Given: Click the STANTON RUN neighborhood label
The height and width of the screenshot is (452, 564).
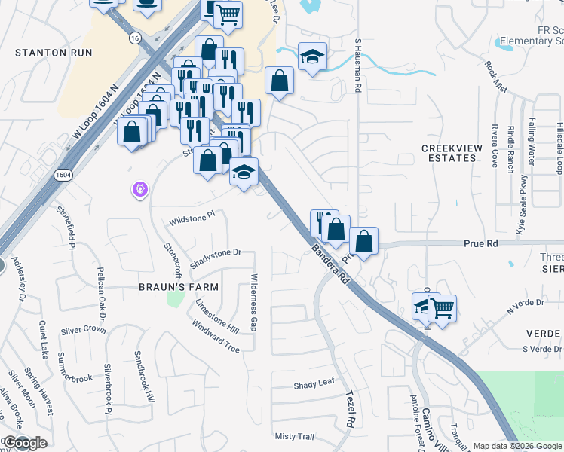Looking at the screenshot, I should coord(54,53).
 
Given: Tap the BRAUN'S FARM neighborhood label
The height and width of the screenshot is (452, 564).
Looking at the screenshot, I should coord(179,287).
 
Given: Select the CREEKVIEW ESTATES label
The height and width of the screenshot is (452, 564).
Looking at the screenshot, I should coord(451,154).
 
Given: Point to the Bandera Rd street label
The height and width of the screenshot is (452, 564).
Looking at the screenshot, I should coord(333,264).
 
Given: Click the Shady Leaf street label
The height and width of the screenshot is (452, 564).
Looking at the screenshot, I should coord(314,384).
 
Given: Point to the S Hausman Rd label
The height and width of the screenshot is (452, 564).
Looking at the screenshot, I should coord(359,61).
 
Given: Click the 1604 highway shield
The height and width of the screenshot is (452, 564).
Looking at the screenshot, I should coord(63,175).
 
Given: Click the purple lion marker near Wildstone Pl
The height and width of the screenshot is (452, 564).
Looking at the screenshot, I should coord(139,190).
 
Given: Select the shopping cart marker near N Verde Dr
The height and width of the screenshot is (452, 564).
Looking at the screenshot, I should coord(442,307).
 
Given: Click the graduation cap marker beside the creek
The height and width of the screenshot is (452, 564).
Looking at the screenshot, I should coord(311,57).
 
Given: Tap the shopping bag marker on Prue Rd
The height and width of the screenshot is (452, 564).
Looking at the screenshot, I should coord(363,242).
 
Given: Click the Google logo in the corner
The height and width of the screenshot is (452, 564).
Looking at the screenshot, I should coord(24,443).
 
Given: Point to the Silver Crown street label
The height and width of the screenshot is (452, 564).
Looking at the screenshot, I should coord(83,330).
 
